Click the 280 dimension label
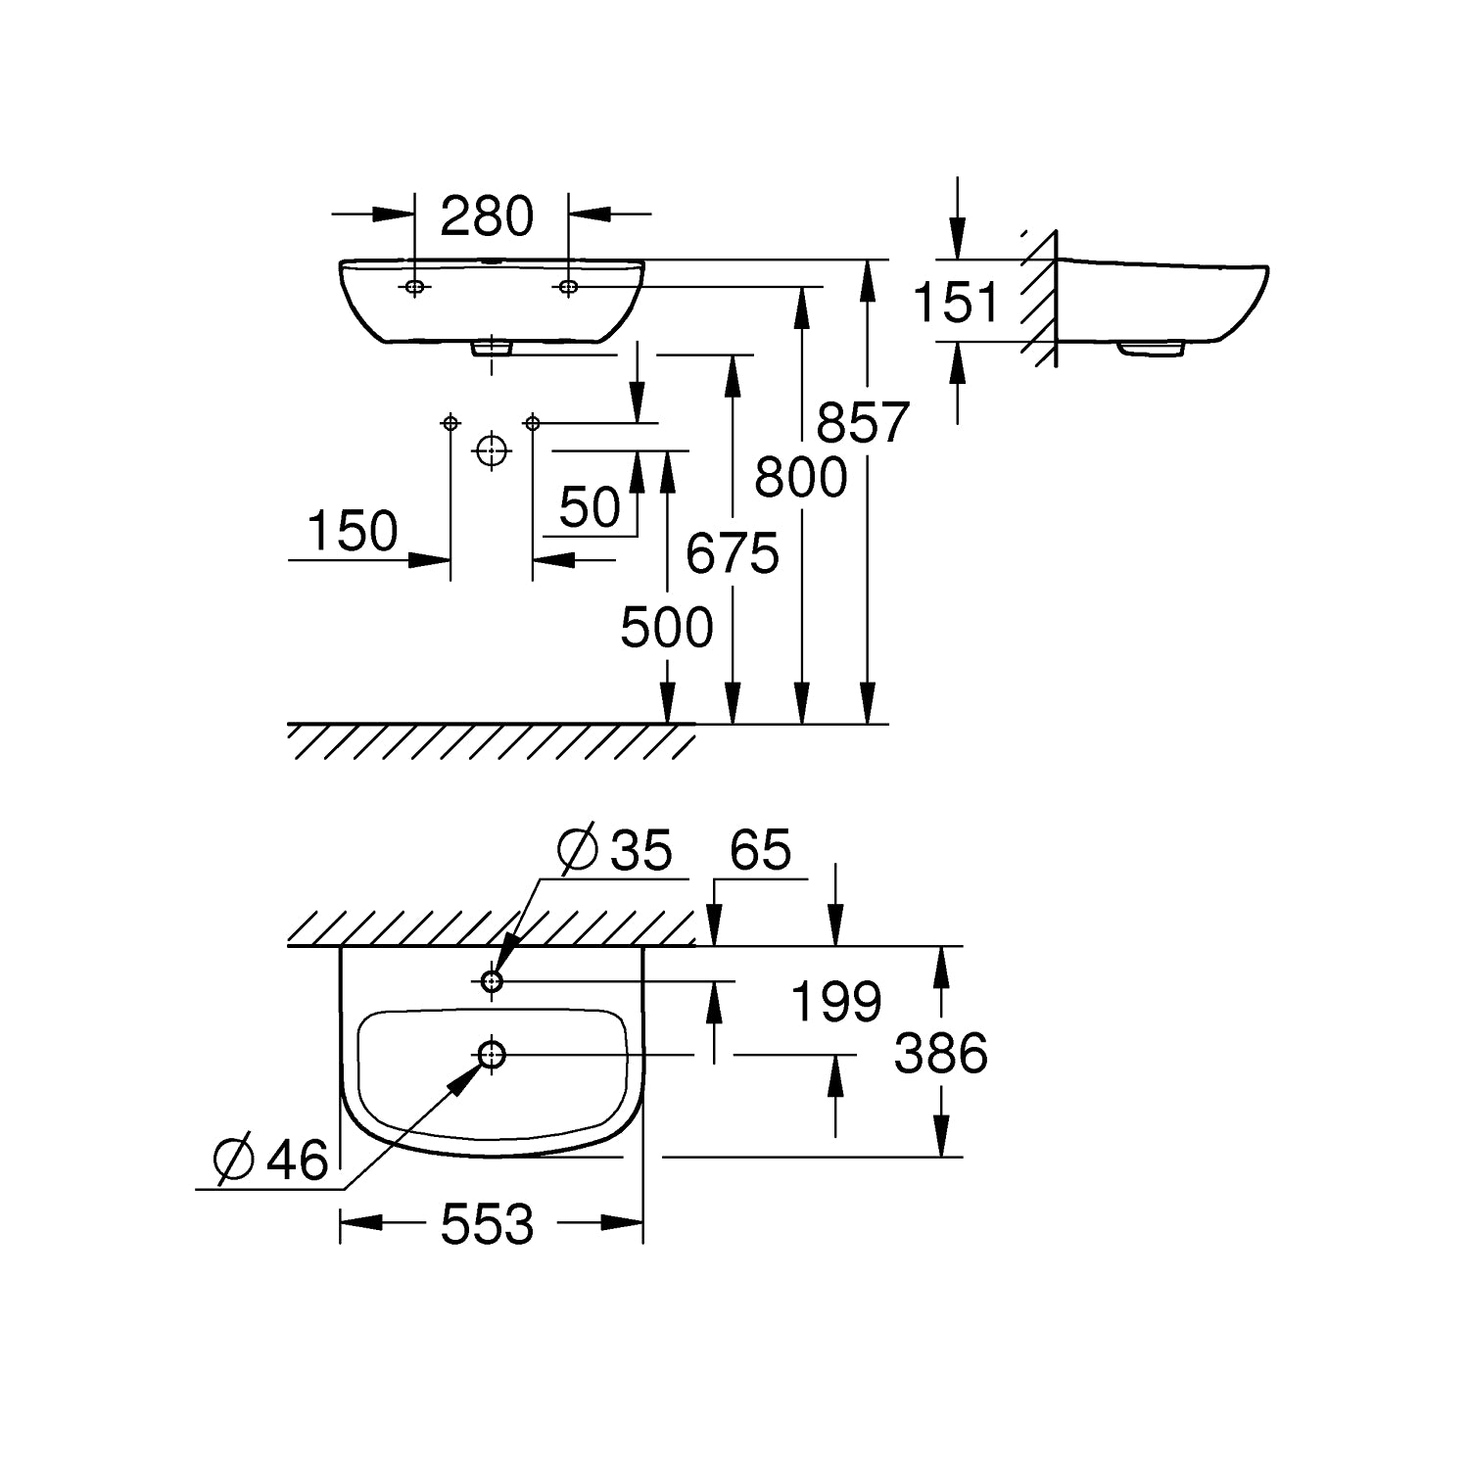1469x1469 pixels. click(486, 216)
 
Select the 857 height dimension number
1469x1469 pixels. click(863, 423)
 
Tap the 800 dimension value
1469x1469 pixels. click(800, 479)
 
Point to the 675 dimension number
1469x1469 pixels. click(732, 553)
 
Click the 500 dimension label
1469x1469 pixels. click(667, 628)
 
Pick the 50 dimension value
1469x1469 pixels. click(591, 507)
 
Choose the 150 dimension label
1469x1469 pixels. click(353, 532)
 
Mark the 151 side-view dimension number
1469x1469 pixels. click(956, 302)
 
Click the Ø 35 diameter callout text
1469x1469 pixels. click(616, 850)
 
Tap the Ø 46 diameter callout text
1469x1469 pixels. click(271, 1161)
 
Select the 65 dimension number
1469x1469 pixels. click(761, 849)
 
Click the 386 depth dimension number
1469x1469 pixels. click(942, 1054)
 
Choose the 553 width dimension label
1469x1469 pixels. click(488, 1224)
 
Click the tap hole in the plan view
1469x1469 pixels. click(492, 979)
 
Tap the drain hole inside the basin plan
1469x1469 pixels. click(492, 1054)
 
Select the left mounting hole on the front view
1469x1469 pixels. click(415, 287)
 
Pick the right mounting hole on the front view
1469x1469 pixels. click(568, 287)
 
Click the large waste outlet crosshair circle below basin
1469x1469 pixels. click(492, 450)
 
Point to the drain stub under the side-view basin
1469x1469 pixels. click(1153, 348)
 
